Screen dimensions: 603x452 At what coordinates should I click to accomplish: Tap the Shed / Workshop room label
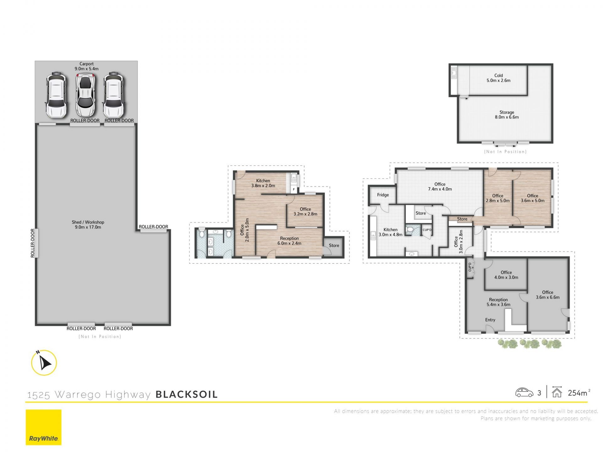pyautogui.click(x=88, y=224)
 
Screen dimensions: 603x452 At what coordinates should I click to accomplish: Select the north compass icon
pyautogui.click(x=44, y=363)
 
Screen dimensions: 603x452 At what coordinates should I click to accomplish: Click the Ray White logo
pyautogui.click(x=44, y=427)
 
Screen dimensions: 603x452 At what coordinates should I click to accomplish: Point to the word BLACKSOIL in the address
pyautogui.click(x=187, y=394)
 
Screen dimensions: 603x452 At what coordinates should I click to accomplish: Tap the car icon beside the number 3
pyautogui.click(x=524, y=392)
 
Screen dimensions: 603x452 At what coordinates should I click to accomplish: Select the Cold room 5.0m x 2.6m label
pyautogui.click(x=498, y=78)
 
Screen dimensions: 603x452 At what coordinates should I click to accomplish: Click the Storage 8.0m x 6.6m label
pyautogui.click(x=507, y=115)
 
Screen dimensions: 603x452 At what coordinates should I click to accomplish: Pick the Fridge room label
pyautogui.click(x=383, y=195)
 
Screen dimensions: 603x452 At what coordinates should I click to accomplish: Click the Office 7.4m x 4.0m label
pyautogui.click(x=440, y=186)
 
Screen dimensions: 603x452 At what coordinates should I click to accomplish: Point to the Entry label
pyautogui.click(x=490, y=320)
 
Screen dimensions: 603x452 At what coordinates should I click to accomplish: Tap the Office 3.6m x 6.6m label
pyautogui.click(x=547, y=295)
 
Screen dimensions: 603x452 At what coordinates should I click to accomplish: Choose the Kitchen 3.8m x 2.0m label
pyautogui.click(x=263, y=183)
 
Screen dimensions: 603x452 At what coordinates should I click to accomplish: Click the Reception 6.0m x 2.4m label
pyautogui.click(x=289, y=241)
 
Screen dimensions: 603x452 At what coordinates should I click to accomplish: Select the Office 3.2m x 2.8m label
pyautogui.click(x=305, y=212)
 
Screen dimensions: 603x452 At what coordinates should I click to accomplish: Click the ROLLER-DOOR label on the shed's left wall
pyautogui.click(x=33, y=243)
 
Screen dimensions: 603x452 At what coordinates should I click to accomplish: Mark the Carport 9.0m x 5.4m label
pyautogui.click(x=86, y=66)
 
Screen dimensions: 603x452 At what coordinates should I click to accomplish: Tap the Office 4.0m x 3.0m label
pyautogui.click(x=506, y=275)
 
